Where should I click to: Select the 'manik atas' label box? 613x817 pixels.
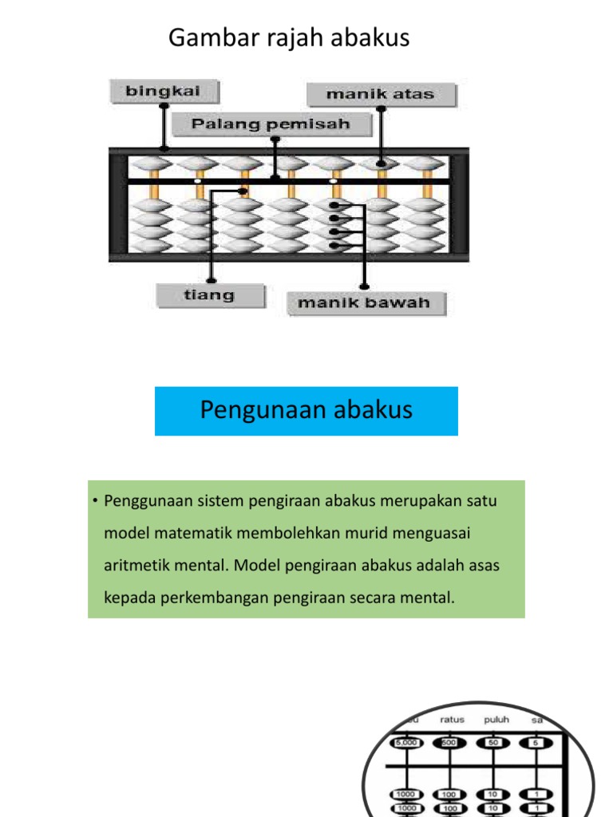pyautogui.click(x=381, y=95)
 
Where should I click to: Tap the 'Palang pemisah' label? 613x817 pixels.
pyautogui.click(x=272, y=124)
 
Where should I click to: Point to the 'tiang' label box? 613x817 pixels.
pyautogui.click(x=210, y=296)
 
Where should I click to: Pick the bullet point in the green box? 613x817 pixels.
pyautogui.click(x=93, y=501)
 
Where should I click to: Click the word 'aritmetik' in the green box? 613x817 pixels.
pyautogui.click(x=137, y=565)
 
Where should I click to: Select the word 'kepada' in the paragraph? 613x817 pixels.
pyautogui.click(x=128, y=597)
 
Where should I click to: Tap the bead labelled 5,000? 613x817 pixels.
pyautogui.click(x=406, y=744)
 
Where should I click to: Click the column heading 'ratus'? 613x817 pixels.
pyautogui.click(x=452, y=719)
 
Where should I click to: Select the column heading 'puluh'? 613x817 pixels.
pyautogui.click(x=496, y=719)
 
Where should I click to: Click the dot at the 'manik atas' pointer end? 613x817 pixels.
pyautogui.click(x=382, y=164)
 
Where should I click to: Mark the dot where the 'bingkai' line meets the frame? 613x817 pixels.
pyautogui.click(x=164, y=148)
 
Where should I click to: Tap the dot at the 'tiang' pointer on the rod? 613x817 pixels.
pyautogui.click(x=243, y=191)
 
